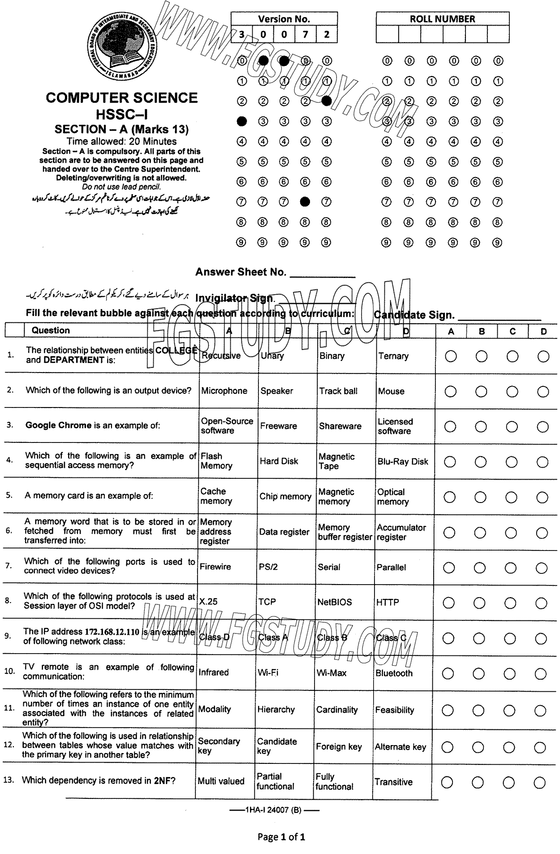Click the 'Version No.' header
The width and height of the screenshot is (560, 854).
pos(284,19)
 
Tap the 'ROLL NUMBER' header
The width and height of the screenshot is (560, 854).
pos(442,19)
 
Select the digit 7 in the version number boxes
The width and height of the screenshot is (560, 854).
pos(305,35)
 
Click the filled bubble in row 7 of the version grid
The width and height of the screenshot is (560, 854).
pos(305,202)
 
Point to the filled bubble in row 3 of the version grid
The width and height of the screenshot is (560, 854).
pos(241,121)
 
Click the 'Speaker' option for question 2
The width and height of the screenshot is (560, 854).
pos(276,391)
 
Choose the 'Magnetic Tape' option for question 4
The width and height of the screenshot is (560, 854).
pos(336,461)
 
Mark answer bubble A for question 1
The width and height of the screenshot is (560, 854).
pos(451,356)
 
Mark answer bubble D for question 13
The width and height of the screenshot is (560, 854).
pos(540,783)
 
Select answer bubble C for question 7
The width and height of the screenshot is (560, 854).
pos(510,568)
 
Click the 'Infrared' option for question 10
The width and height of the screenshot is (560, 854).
pos(214,672)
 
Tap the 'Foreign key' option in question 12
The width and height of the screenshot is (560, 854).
pos(338,747)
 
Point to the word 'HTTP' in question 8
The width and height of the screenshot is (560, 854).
pos(388,603)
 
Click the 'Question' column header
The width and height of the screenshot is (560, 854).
pos(51,330)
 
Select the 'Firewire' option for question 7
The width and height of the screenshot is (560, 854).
pos(215,567)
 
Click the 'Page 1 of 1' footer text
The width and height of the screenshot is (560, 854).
pos(281,837)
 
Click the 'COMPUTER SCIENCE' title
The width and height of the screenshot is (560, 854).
pos(121,98)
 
